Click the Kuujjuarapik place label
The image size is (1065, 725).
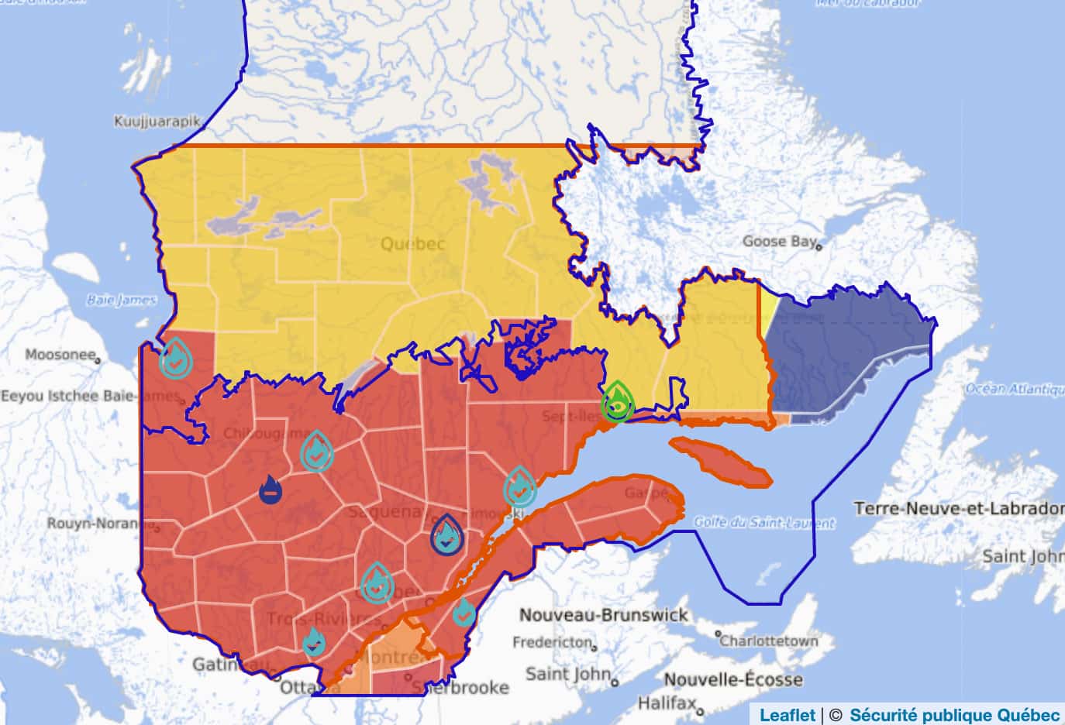tap(157, 122)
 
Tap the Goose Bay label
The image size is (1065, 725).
tap(779, 242)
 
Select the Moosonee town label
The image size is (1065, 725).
tap(60, 355)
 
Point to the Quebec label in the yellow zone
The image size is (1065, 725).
tap(412, 244)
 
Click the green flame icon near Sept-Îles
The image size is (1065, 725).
tap(618, 402)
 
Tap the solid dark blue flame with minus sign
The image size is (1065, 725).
tap(271, 490)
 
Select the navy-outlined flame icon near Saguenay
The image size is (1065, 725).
tap(446, 535)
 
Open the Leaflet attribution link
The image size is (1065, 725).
tap(787, 715)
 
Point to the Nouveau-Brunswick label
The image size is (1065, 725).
tap(603, 615)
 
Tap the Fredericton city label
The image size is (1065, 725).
tap(553, 643)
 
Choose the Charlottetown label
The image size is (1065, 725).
tap(769, 641)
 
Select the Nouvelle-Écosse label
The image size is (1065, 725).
tap(733, 679)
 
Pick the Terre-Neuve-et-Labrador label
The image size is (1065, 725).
tap(959, 509)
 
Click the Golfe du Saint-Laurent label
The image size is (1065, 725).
tap(763, 522)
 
